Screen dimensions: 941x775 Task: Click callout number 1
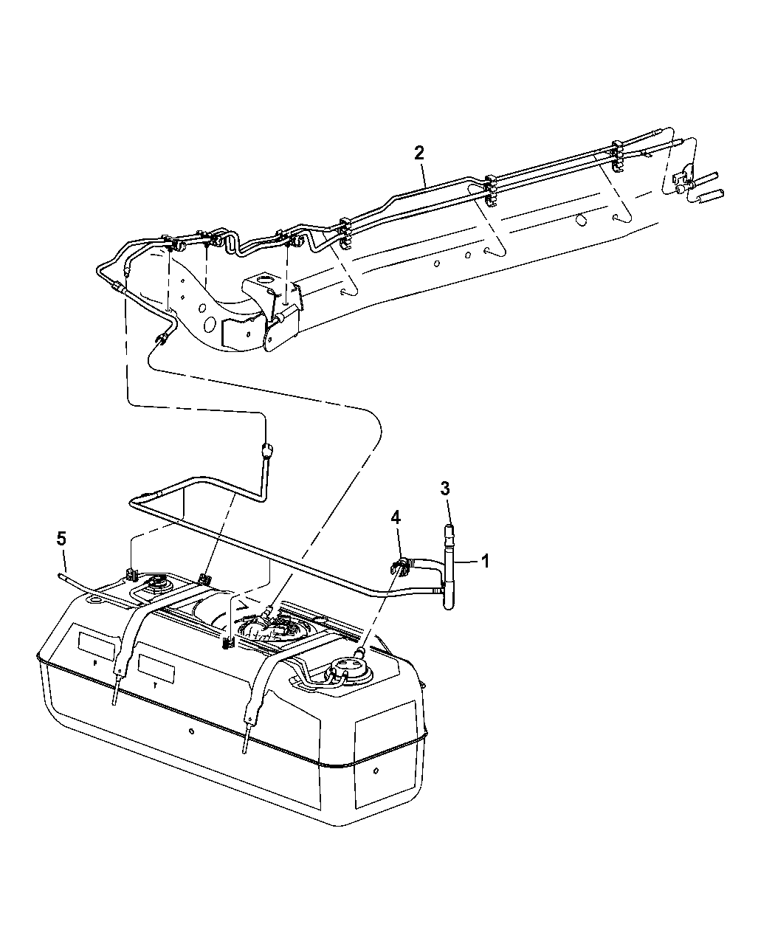pyautogui.click(x=486, y=561)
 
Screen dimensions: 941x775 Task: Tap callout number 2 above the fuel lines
pyautogui.click(x=419, y=153)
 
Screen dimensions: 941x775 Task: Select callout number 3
pyautogui.click(x=445, y=488)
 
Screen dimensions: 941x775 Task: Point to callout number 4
pyautogui.click(x=396, y=517)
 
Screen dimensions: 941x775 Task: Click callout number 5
pyautogui.click(x=61, y=540)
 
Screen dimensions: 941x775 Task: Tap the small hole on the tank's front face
pyautogui.click(x=190, y=731)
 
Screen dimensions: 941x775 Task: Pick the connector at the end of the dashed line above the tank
pyautogui.click(x=265, y=448)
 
